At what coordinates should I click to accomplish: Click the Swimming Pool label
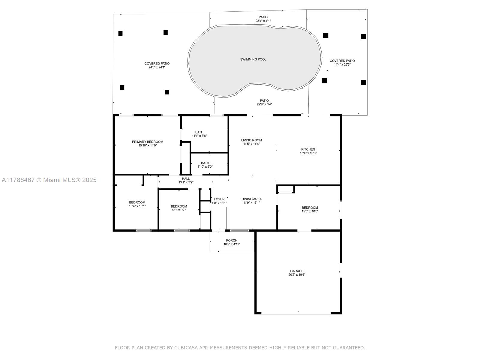(253, 59)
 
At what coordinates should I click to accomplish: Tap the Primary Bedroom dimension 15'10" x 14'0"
(148, 145)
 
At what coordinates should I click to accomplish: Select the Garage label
(297, 271)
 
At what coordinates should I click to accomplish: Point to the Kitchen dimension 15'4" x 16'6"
(308, 153)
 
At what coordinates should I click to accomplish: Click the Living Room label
(251, 140)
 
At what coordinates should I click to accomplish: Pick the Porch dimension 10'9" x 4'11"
(232, 244)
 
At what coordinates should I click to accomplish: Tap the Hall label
(186, 178)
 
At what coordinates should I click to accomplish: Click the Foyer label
(219, 199)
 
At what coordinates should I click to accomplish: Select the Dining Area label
(251, 199)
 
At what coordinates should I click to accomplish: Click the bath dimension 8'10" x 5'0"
(205, 167)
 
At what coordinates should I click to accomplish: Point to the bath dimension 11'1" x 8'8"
(199, 136)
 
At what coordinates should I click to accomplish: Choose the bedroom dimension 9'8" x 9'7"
(179, 210)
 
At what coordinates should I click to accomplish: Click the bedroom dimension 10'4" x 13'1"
(137, 206)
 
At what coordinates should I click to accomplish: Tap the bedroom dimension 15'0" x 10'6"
(310, 211)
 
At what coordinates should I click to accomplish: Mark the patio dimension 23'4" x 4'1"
(263, 21)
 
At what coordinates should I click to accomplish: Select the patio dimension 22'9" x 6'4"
(264, 104)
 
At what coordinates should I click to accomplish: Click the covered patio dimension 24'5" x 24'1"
(157, 67)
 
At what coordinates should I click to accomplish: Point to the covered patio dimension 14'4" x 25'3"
(342, 64)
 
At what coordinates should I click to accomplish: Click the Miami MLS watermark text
(49, 180)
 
